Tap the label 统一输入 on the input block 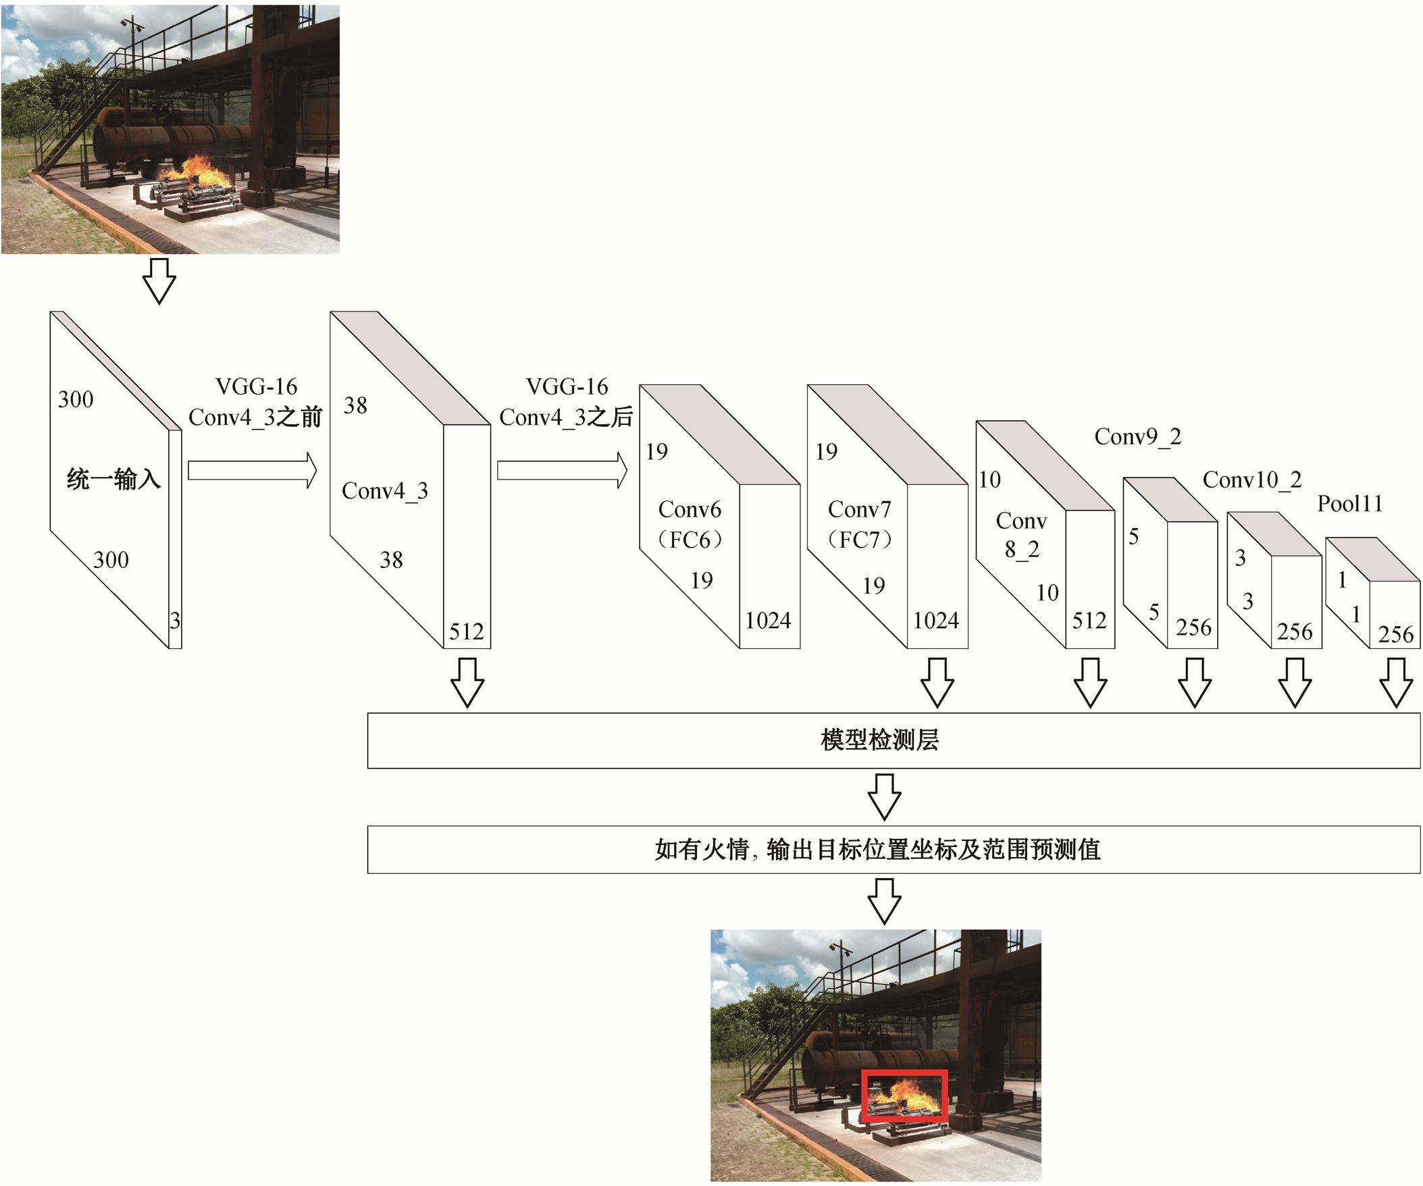113,480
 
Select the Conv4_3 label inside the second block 384,490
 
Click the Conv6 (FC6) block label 690,524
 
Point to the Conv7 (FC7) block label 859,524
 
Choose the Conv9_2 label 1138,436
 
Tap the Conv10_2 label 1251,480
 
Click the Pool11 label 1349,504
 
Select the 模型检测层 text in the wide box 879,740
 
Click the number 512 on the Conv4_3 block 466,631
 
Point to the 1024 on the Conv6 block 768,621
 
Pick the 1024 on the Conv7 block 936,621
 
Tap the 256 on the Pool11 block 1395,634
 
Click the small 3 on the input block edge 175,620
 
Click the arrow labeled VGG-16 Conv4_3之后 562,470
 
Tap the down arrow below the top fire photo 160,280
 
